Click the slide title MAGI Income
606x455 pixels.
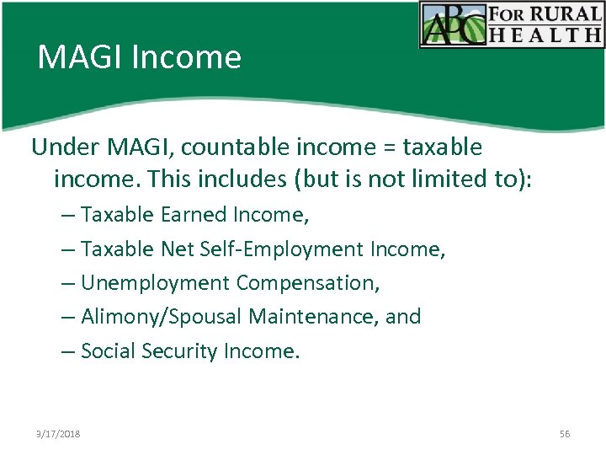point(139,57)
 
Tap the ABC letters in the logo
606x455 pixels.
point(455,24)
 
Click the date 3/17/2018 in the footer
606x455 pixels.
point(58,433)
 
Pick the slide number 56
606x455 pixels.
point(564,433)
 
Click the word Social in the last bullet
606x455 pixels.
point(106,351)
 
